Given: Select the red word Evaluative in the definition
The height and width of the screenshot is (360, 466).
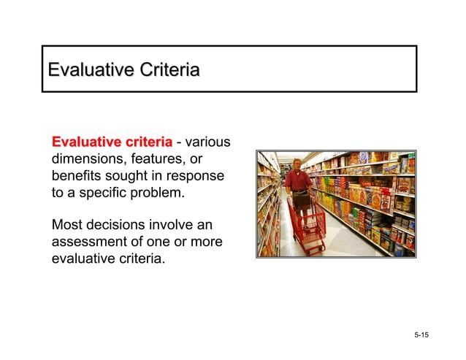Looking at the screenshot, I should pyautogui.click(x=84, y=141).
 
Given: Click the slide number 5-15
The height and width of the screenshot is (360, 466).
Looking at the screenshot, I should pyautogui.click(x=421, y=335).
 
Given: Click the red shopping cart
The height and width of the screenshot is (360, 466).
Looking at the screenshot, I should pyautogui.click(x=307, y=223).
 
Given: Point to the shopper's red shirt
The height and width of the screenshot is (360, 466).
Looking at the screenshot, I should pyautogui.click(x=297, y=179).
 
